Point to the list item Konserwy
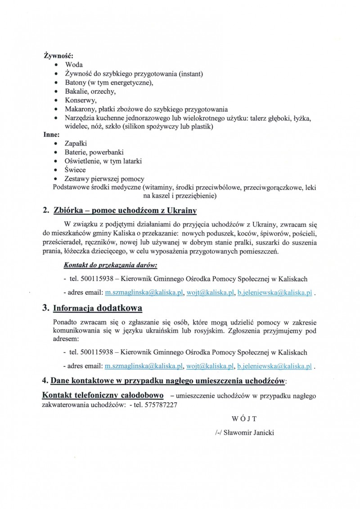(x=81, y=100)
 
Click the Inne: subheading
(x=51, y=135)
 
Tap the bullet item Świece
(x=76, y=170)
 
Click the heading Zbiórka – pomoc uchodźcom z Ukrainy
(x=125, y=211)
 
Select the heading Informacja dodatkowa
(x=98, y=308)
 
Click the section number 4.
(x=45, y=381)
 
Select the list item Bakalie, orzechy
(x=90, y=91)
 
